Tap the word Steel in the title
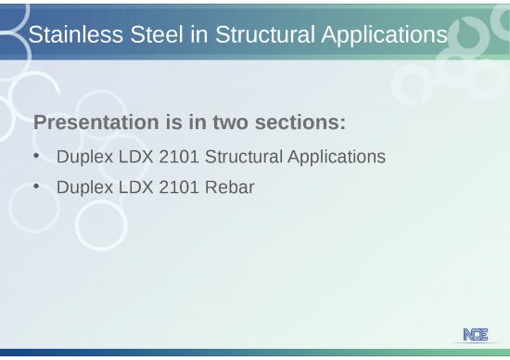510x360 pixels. click(x=141, y=35)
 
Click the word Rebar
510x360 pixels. click(x=228, y=187)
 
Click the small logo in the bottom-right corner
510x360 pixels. click(x=475, y=334)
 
